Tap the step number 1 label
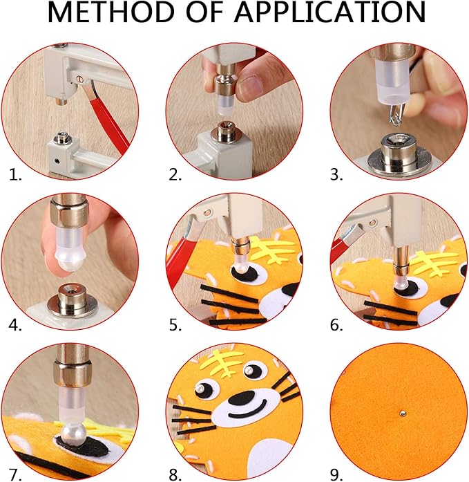point(15,174)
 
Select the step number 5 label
point(175,325)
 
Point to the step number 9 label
point(336,475)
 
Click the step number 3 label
point(336,174)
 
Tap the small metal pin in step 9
point(403,414)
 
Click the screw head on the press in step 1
point(80,80)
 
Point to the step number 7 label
point(15,475)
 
